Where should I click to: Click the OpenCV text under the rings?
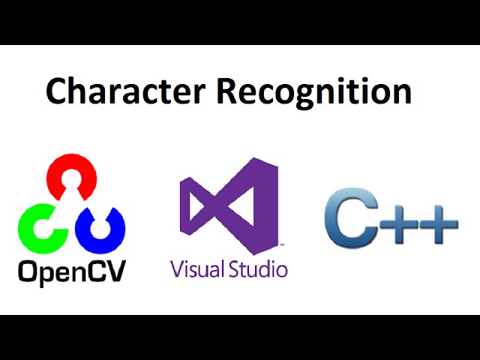click(x=72, y=270)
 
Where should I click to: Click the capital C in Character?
click(x=57, y=91)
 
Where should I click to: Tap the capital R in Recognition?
click(x=229, y=91)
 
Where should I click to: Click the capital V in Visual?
click(x=177, y=268)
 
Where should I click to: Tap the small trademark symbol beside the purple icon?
click(x=281, y=244)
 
